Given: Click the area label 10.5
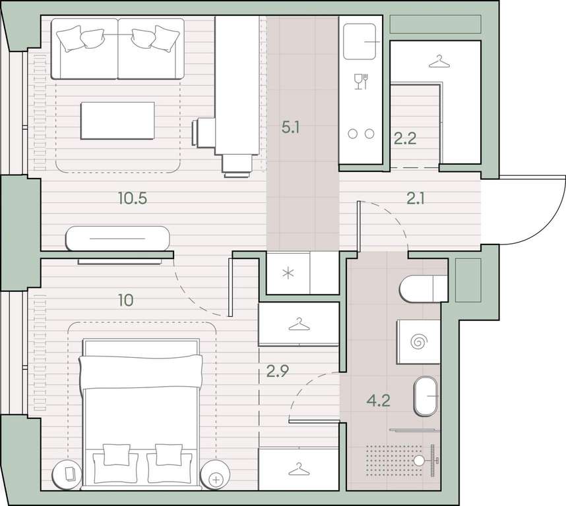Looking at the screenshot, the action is coord(133,198).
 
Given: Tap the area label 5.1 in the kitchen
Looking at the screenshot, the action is coord(290,128).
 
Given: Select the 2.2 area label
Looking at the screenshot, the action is coord(405,138).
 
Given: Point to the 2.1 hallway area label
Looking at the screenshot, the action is coord(415,198).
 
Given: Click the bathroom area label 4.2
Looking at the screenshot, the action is coord(378,401).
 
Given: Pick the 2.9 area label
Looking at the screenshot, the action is coord(278,371).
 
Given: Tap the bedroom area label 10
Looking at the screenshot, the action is coord(126,300).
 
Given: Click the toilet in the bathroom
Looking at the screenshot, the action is coord(423,289).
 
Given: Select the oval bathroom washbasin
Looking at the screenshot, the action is coord(426,396).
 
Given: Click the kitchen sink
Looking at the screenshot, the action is coord(360,42).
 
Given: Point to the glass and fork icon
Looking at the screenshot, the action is coord(361,82).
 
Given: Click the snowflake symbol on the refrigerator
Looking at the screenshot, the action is coord(288,274).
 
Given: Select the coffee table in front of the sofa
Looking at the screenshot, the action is coord(117,121).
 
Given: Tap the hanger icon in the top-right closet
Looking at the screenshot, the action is coord(439,62).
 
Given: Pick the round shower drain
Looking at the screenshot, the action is coord(419,461).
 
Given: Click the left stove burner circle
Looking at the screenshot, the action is coord(353,134).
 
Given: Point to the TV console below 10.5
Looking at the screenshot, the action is coord(117,239).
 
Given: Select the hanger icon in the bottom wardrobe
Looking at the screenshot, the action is coord(299,469).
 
